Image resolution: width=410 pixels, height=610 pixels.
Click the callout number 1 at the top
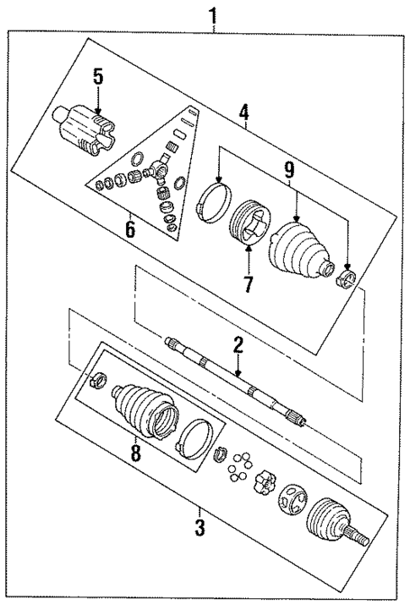click(212, 14)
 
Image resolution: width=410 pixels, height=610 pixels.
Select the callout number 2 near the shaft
click(238, 345)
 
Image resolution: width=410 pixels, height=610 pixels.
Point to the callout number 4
click(243, 110)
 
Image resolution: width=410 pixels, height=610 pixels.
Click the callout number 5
click(98, 77)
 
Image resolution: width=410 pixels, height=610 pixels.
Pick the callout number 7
click(248, 283)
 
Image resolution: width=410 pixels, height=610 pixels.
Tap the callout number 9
click(289, 169)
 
